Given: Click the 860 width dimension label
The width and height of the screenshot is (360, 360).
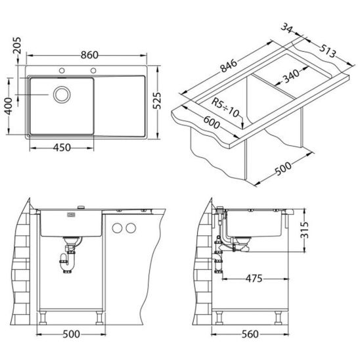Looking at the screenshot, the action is click(x=89, y=55).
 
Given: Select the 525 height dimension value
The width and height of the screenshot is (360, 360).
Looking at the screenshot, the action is click(x=157, y=101).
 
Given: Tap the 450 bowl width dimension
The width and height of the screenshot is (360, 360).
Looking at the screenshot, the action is click(x=62, y=148).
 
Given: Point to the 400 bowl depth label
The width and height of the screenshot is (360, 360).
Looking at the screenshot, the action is click(x=9, y=106).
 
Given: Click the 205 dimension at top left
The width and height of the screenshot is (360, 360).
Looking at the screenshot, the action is click(x=17, y=46).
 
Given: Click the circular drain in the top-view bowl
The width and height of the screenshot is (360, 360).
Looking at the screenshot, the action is click(x=62, y=95).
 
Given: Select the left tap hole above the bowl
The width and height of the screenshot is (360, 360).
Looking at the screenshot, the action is click(x=62, y=70).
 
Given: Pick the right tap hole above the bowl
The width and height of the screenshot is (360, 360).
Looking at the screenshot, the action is click(x=93, y=70).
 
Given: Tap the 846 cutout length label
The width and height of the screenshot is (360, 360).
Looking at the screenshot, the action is click(x=228, y=66).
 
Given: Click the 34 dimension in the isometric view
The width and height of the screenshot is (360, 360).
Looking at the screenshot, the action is click(x=287, y=28).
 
